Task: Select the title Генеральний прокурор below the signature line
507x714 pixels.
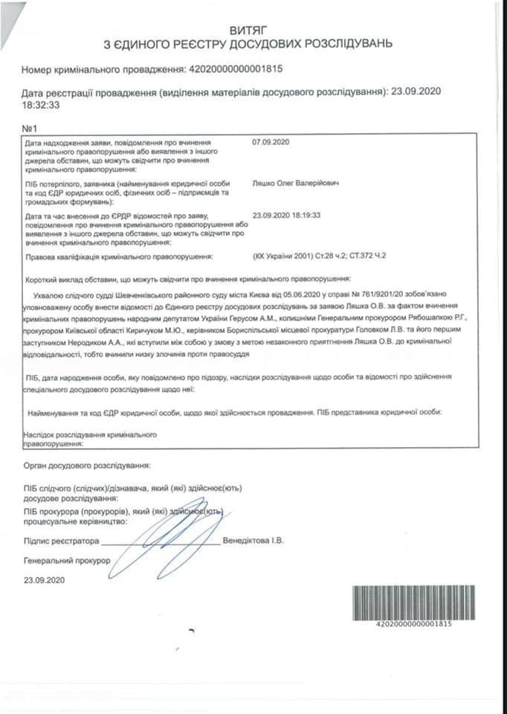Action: (x=67, y=559)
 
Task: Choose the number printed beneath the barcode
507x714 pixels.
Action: (x=414, y=623)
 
